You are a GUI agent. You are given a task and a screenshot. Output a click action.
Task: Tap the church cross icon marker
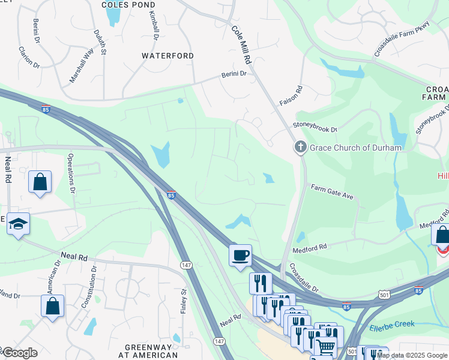pyautogui.click(x=301, y=147)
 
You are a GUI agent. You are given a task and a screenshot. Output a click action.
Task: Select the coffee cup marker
pyautogui.click(x=240, y=256)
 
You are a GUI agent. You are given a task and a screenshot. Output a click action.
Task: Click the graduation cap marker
pyautogui.click(x=18, y=224)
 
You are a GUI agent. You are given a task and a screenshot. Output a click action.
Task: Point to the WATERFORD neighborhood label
pyautogui.click(x=167, y=56)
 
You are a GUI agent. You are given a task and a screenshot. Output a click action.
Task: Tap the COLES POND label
pyautogui.click(x=128, y=4)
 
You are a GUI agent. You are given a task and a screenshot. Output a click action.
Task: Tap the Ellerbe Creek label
pyautogui.click(x=392, y=325)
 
